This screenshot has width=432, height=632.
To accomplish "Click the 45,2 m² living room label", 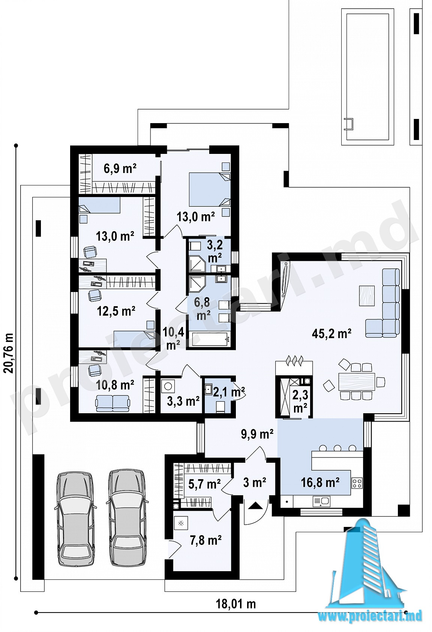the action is [x=331, y=334].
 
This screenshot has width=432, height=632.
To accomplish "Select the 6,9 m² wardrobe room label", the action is [x=120, y=169].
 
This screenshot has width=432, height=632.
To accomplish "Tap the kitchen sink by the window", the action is [x=321, y=501].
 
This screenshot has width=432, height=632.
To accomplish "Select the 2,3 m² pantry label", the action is [x=300, y=401].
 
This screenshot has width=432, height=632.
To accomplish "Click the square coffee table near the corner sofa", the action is [x=367, y=296].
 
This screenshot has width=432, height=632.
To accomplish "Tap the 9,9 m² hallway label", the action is [x=257, y=434].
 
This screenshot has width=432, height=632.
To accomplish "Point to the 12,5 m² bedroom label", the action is [x=116, y=311].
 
